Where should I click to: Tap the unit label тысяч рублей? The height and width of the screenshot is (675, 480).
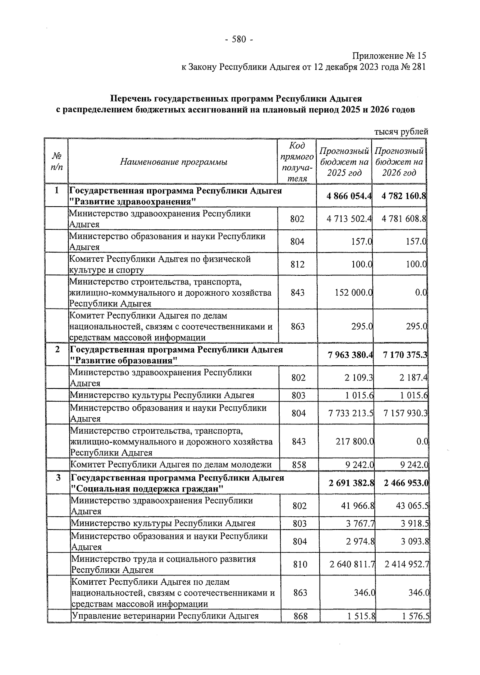click(x=401, y=131)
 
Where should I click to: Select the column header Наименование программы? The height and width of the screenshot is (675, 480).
click(x=173, y=162)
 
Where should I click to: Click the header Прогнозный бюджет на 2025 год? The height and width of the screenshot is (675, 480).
click(x=344, y=162)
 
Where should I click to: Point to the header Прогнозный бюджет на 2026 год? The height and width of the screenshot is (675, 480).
click(x=399, y=162)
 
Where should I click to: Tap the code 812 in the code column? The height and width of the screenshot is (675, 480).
click(x=297, y=264)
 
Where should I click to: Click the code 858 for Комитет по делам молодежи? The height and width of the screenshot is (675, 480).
click(x=299, y=465)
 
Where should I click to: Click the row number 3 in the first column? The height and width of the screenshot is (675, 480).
click(x=58, y=478)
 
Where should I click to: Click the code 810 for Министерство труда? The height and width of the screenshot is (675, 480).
click(x=300, y=564)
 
